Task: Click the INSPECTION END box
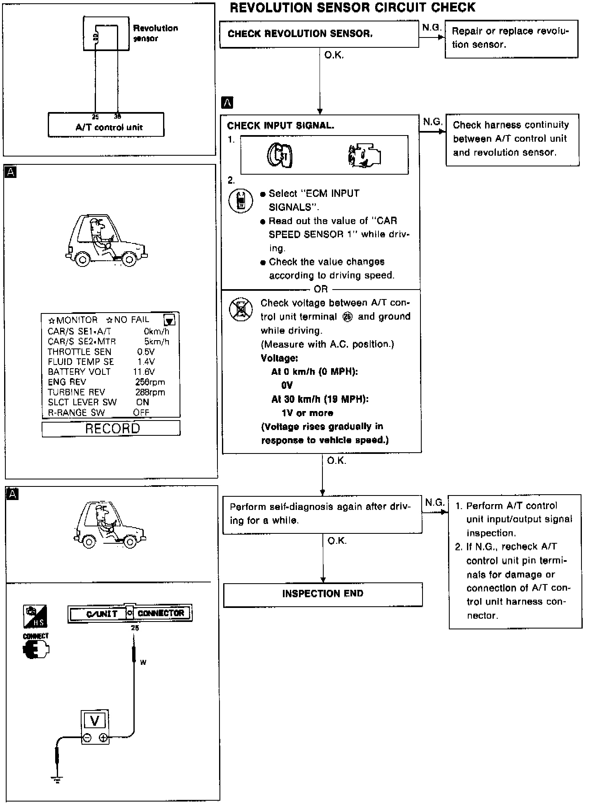pos(323,594)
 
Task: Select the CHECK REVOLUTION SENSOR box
pos(319,34)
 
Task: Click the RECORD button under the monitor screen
pos(111,428)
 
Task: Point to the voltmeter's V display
pos(95,720)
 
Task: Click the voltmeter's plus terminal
pos(103,738)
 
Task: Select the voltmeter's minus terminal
pos(87,738)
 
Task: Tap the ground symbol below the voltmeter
pos(56,779)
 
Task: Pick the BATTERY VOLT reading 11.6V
pos(144,372)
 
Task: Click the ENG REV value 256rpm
pos(150,382)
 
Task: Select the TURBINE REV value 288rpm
pos(150,392)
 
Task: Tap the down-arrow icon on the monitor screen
pos(169,320)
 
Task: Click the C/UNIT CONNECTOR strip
pos(130,613)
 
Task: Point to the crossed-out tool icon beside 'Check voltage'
pos(241,309)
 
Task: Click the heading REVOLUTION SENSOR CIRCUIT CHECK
pos(353,7)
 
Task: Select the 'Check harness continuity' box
pos(512,139)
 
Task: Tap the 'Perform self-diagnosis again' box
pos(322,515)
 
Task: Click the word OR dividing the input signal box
pos(321,289)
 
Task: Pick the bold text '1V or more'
pos(307,413)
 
